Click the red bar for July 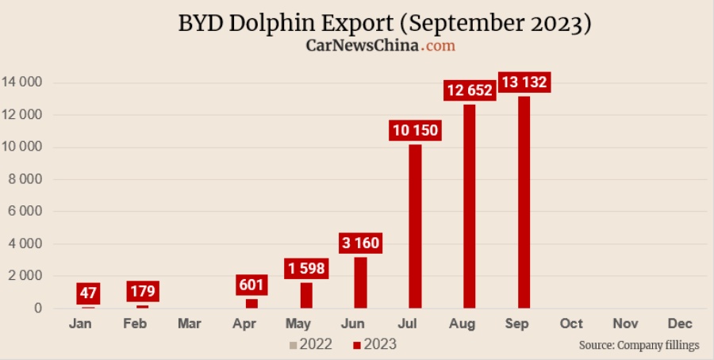(415, 226)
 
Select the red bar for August (470, 206)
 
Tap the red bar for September (524, 202)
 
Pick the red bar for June (360, 282)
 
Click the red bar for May (306, 295)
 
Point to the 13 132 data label (524, 82)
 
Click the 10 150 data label (415, 130)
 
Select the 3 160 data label (360, 243)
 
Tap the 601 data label (252, 285)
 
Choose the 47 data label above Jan (88, 293)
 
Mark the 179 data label (143, 291)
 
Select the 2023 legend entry (374, 344)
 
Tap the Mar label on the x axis (189, 324)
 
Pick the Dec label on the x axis (680, 324)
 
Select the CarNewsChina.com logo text (381, 46)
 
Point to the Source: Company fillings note (639, 346)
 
